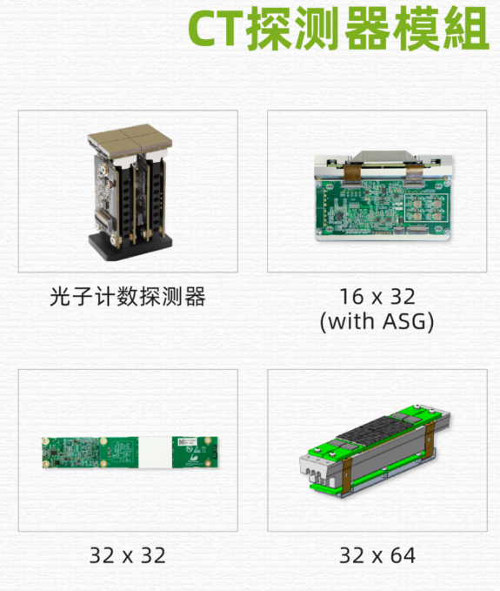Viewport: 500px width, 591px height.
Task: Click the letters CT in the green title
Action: (217, 31)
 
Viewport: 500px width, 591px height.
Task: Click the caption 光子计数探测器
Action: (128, 298)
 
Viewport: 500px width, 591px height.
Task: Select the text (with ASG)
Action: (377, 321)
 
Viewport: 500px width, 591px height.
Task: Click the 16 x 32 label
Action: (377, 298)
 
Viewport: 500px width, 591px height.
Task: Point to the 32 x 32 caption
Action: (128, 554)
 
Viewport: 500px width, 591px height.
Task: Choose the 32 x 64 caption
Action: (377, 554)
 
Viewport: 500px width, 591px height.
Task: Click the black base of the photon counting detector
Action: (130, 246)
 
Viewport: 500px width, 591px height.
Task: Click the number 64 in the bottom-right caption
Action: (402, 554)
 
